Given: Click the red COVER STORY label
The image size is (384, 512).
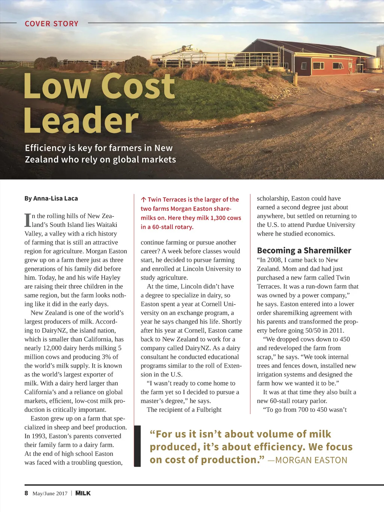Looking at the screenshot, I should [x=51, y=24].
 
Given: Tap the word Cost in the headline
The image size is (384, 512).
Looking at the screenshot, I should [x=138, y=86].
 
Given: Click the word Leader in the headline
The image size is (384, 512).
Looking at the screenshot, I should [x=81, y=120].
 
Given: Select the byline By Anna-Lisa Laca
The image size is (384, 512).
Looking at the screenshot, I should [x=51, y=198].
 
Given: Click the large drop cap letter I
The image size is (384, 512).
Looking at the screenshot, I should [x=27, y=220].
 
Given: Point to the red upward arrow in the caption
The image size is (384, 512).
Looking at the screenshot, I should [x=143, y=200].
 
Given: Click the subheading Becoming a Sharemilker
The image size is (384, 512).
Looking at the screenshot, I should [x=304, y=251].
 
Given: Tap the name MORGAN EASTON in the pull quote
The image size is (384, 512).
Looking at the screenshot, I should [x=311, y=460].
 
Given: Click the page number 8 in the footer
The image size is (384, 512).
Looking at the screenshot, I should [x=26, y=493].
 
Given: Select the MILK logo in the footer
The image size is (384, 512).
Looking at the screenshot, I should [x=83, y=493].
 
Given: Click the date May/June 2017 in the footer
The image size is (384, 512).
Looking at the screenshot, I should [x=50, y=494].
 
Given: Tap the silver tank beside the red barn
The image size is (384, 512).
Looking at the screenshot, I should [x=373, y=63].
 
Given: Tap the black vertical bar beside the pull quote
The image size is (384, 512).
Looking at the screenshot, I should [x=137, y=446].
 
